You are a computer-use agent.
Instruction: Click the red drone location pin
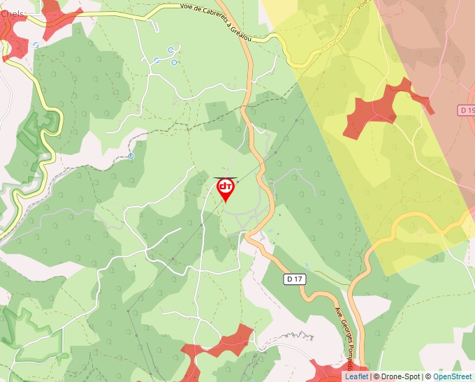pos(226,187)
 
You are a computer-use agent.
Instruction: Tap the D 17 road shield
pos(295,279)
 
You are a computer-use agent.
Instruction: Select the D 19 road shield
pos(467,110)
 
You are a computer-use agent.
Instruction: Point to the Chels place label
pos(12,14)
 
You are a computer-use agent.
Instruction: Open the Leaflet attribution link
pos(356,376)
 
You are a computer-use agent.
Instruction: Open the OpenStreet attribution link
pos(453,376)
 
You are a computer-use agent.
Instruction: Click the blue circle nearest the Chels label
pos(35,45)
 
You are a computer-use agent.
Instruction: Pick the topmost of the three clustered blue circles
pos(170,50)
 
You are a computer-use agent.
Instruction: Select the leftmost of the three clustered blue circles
pos(156,61)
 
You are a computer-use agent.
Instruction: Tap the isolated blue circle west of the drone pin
pos(131,156)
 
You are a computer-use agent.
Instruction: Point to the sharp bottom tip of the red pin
pos(226,203)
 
